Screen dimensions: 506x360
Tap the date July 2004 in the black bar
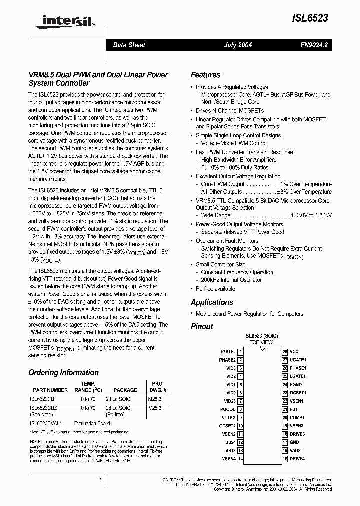pyautogui.click(x=238, y=45)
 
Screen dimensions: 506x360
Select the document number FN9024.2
pyautogui.click(x=314, y=45)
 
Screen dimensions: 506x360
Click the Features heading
pyautogui.click(x=205, y=75)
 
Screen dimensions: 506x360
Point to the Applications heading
pyautogui.click(x=212, y=302)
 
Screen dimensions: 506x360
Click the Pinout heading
pyautogui.click(x=202, y=326)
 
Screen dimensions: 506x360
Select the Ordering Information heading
pyautogui.click(x=63, y=373)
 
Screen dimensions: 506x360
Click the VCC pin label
pyautogui.click(x=294, y=351)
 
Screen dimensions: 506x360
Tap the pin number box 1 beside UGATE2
pyautogui.click(x=240, y=351)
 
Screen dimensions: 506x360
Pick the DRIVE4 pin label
pyautogui.click(x=297, y=458)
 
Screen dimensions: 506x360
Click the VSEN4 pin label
pyautogui.click(x=229, y=458)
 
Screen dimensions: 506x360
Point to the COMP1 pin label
pyautogui.click(x=297, y=417)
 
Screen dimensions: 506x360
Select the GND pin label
pyautogui.click(x=294, y=442)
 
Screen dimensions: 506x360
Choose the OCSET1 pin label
pyautogui.click(x=298, y=393)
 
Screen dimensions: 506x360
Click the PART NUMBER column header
pyautogui.click(x=50, y=390)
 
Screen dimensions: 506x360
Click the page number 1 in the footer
pyautogui.click(x=100, y=480)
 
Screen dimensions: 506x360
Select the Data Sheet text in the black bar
pyautogui.click(x=129, y=45)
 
